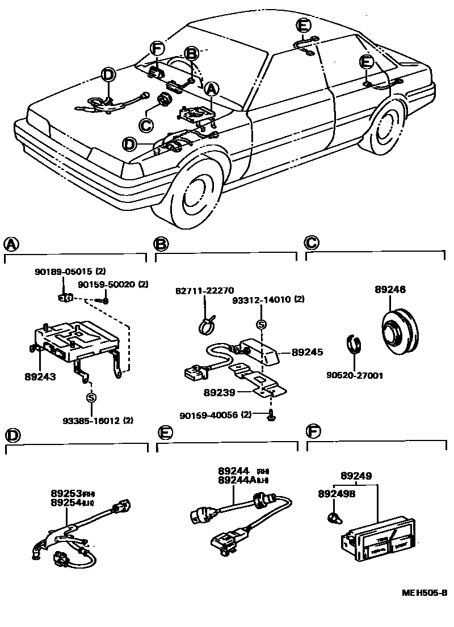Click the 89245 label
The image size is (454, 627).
(307, 352)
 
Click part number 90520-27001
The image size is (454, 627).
(354, 375)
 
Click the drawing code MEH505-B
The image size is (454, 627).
(424, 592)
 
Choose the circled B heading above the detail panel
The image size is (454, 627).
(162, 244)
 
